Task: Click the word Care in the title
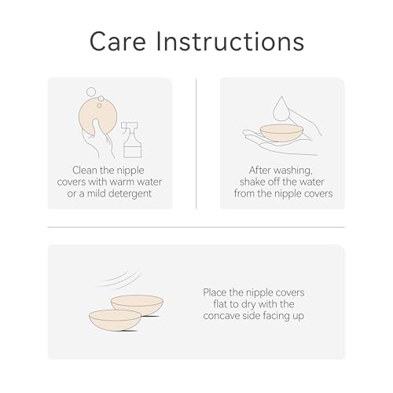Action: click(118, 42)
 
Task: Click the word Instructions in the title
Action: click(230, 42)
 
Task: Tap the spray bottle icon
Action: click(132, 140)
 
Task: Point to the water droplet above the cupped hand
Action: click(281, 108)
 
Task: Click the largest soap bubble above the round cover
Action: click(91, 92)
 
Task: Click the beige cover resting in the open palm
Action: click(281, 133)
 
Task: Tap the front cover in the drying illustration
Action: click(115, 320)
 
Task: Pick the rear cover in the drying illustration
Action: click(137, 304)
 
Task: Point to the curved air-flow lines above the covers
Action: click(119, 279)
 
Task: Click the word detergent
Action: click(130, 193)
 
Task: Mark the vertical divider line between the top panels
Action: click(196, 143)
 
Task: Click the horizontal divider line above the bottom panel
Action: click(196, 227)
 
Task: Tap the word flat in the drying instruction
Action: click(219, 304)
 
